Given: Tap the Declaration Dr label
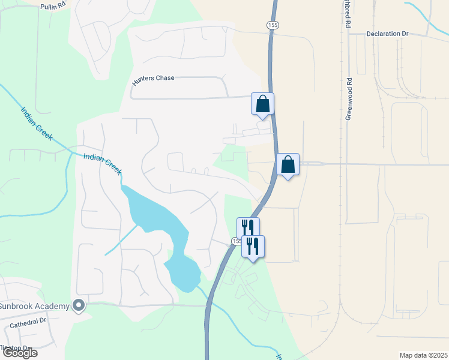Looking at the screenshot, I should point(387,34).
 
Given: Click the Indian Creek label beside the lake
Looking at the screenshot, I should point(103,163).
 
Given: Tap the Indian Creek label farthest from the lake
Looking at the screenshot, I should point(37,123).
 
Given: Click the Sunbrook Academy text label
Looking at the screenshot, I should point(34,306).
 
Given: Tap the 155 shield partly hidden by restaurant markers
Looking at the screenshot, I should point(235,241).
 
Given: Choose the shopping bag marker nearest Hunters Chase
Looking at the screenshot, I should point(262,104).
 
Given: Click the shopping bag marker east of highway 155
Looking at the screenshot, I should point(288,164).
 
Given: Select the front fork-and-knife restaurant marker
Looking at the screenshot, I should point(253,245).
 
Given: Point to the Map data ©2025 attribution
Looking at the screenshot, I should point(423,355).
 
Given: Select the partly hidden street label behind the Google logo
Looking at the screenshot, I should point(16,347).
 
